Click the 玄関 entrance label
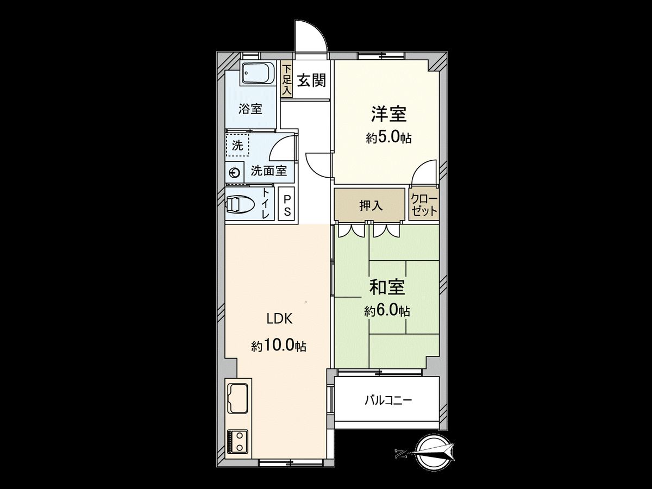click(x=311, y=81)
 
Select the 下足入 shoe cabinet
click(x=286, y=81)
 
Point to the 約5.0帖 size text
click(x=388, y=138)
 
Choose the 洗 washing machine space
click(x=237, y=146)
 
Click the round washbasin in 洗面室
click(x=235, y=173)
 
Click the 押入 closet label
click(x=371, y=205)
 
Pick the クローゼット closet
click(x=424, y=204)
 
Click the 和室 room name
click(x=387, y=287)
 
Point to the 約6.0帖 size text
click(x=387, y=311)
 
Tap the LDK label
click(x=279, y=319)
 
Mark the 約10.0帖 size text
click(x=279, y=346)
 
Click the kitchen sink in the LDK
click(x=237, y=397)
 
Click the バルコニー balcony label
click(x=388, y=401)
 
